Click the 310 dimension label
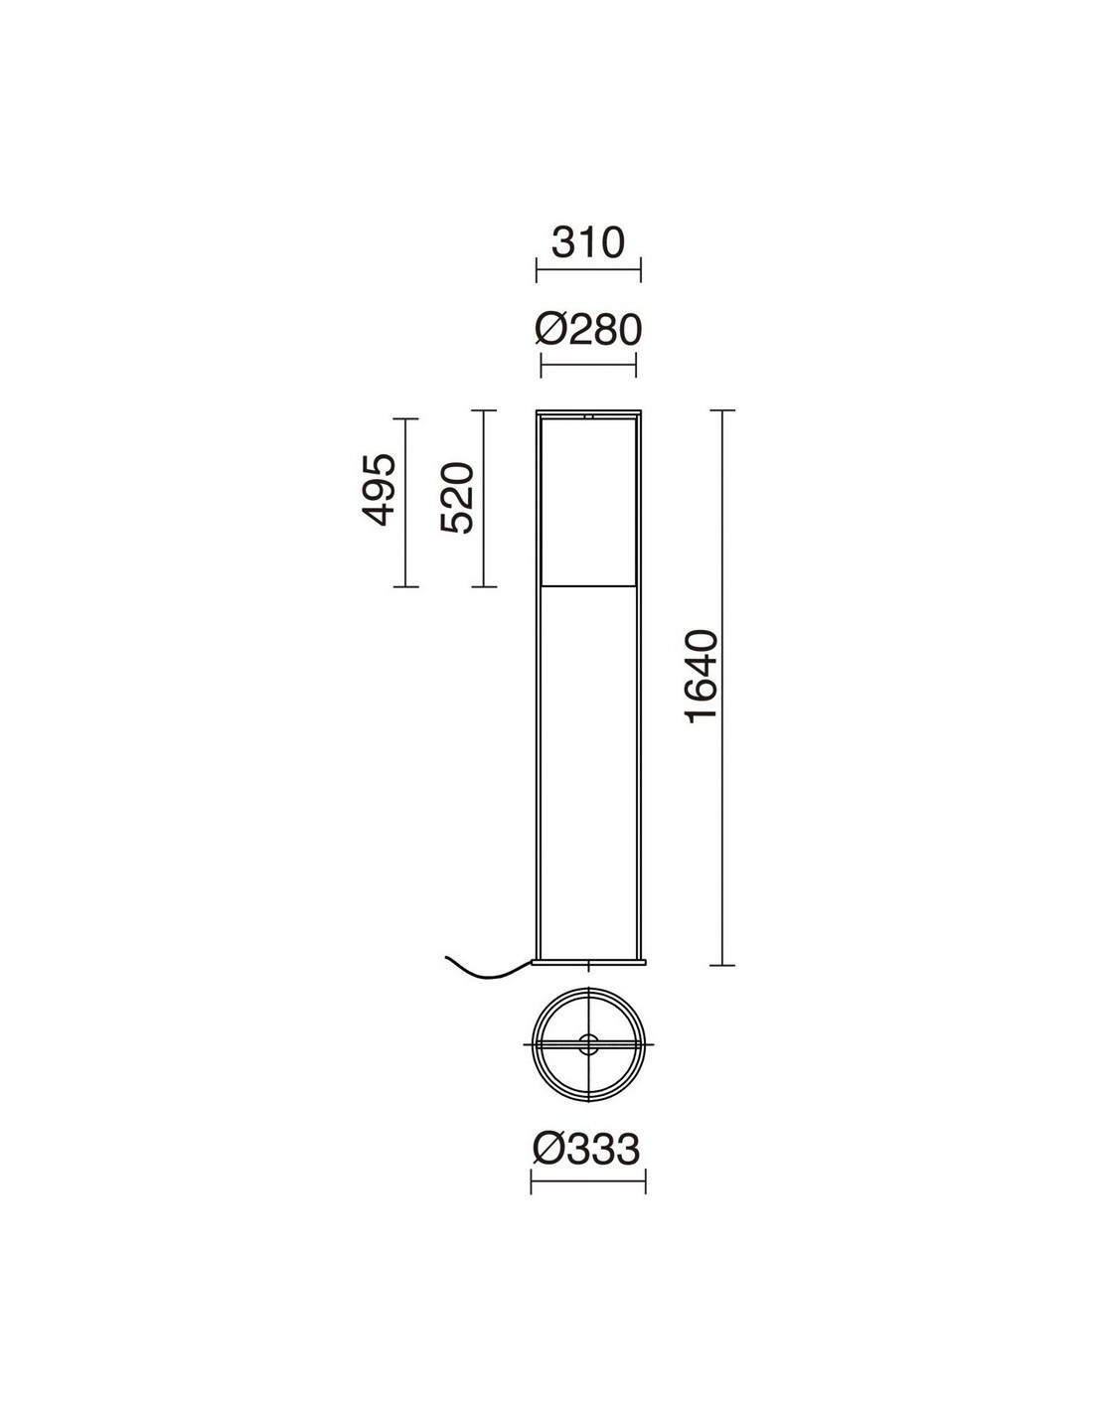tap(588, 242)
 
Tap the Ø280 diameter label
tap(588, 330)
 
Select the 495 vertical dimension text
tap(378, 489)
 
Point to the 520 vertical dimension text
tap(456, 498)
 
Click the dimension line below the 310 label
tap(588, 270)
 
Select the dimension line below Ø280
tap(588, 365)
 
